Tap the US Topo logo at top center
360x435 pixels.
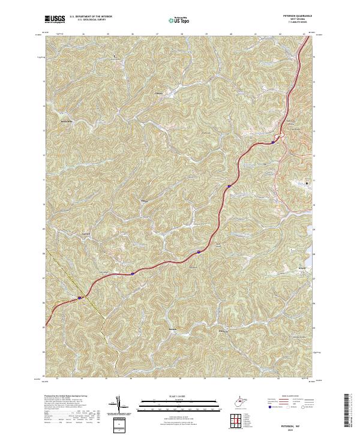click(x=173, y=20)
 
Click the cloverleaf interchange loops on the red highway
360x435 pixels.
click(x=277, y=139)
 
